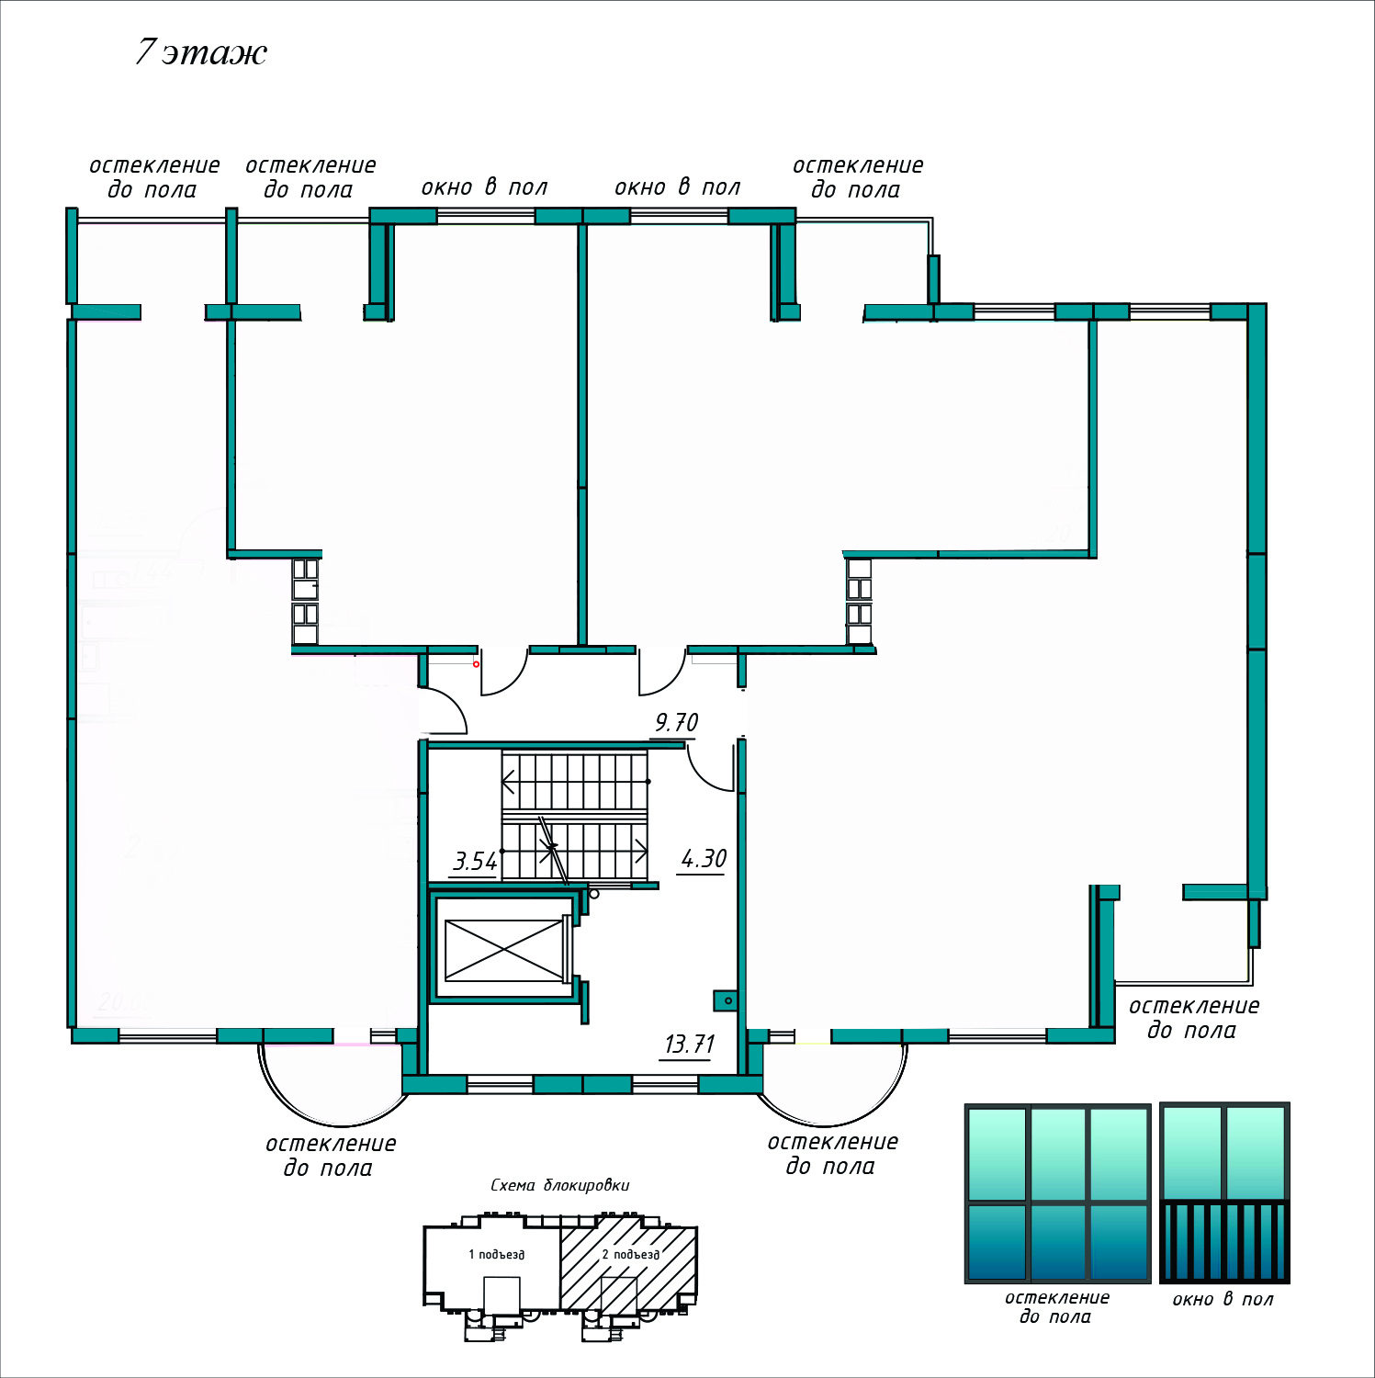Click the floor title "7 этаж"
(201, 52)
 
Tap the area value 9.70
(676, 723)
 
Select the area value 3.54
(475, 862)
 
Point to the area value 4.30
(704, 859)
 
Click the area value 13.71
(689, 1045)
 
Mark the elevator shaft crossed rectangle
(503, 950)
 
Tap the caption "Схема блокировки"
(559, 1185)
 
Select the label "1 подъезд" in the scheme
(496, 1255)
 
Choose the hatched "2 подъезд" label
(630, 1255)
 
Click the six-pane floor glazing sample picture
(1057, 1193)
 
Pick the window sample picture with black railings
(1224, 1193)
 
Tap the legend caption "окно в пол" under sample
(1223, 1300)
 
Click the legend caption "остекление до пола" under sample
(1056, 1307)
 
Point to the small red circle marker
(476, 664)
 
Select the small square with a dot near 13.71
(726, 1000)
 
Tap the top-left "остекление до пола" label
(154, 177)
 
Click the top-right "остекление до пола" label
(857, 177)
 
